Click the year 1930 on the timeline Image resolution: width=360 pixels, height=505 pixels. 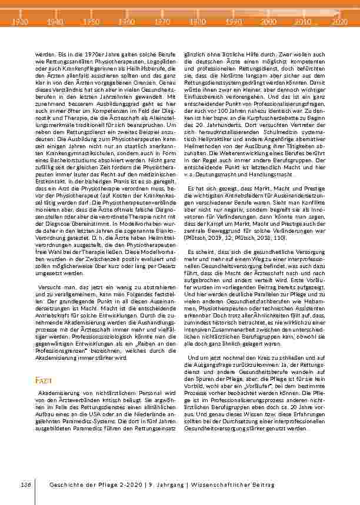point(21,21)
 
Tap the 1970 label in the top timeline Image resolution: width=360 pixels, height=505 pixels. point(161,21)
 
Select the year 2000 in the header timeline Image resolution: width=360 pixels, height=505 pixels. point(268,21)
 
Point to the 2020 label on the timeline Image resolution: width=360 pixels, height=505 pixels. point(339,21)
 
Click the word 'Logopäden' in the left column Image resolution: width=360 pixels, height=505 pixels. point(158,59)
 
